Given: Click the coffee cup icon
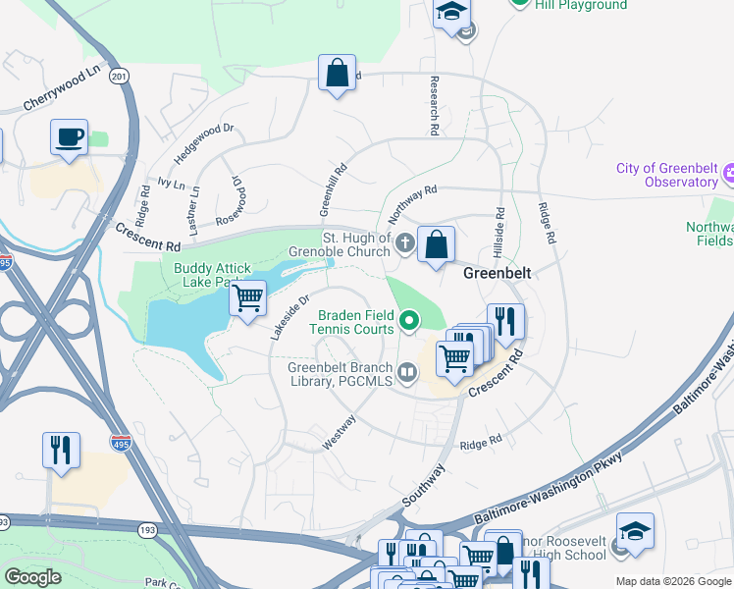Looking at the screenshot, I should click(x=69, y=137).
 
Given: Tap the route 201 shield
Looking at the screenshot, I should click(x=120, y=77).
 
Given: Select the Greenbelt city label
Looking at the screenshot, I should click(x=498, y=274).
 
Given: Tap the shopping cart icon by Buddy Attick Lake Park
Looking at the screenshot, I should click(x=248, y=296).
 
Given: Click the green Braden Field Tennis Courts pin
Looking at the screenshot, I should click(x=408, y=319).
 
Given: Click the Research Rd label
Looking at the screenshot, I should click(x=432, y=106).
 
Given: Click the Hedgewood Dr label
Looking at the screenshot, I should click(x=204, y=141).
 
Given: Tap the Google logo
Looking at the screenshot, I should click(x=32, y=577).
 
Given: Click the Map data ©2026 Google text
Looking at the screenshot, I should click(x=673, y=581).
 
